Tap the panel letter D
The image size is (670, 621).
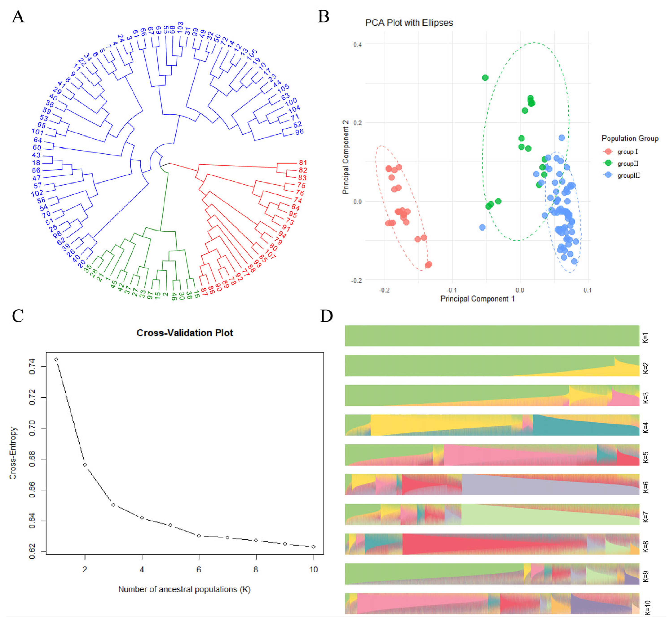click(326, 316)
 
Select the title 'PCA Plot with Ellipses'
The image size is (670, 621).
click(409, 23)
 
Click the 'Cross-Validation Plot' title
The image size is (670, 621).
click(184, 333)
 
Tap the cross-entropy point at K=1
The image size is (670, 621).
click(56, 359)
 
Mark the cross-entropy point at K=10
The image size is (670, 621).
click(314, 547)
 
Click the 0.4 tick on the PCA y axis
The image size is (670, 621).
click(358, 45)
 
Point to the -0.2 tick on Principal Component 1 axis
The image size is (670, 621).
click(384, 290)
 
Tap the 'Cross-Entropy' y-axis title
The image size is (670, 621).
click(13, 453)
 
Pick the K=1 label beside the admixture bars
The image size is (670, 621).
click(645, 337)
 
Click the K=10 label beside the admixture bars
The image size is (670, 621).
click(647, 608)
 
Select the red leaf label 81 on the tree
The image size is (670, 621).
click(303, 163)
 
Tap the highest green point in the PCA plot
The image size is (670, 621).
click(485, 78)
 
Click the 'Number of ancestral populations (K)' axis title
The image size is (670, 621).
click(184, 589)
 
